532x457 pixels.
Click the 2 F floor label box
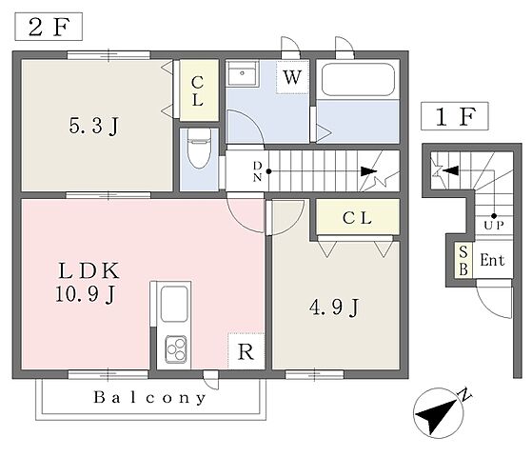click(x=49, y=27)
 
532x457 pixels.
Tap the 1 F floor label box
click(x=455, y=116)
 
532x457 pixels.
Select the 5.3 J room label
click(x=93, y=126)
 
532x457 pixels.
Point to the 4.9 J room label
click(x=334, y=308)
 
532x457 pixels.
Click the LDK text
click(x=89, y=270)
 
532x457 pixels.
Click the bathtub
click(x=358, y=80)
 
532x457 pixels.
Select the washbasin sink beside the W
click(x=243, y=73)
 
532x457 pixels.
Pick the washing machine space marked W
click(x=292, y=77)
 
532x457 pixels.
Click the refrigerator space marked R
click(x=246, y=351)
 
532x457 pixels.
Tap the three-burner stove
click(x=176, y=349)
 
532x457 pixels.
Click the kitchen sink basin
click(x=174, y=304)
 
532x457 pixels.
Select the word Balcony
click(x=149, y=397)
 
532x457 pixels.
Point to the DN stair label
click(x=258, y=171)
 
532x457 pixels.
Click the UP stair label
click(x=494, y=225)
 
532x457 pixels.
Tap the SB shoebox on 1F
click(x=463, y=261)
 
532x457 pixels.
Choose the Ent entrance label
click(x=492, y=261)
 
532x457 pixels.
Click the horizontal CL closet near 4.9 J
click(x=358, y=217)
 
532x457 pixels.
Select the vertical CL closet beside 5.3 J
click(x=199, y=90)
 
